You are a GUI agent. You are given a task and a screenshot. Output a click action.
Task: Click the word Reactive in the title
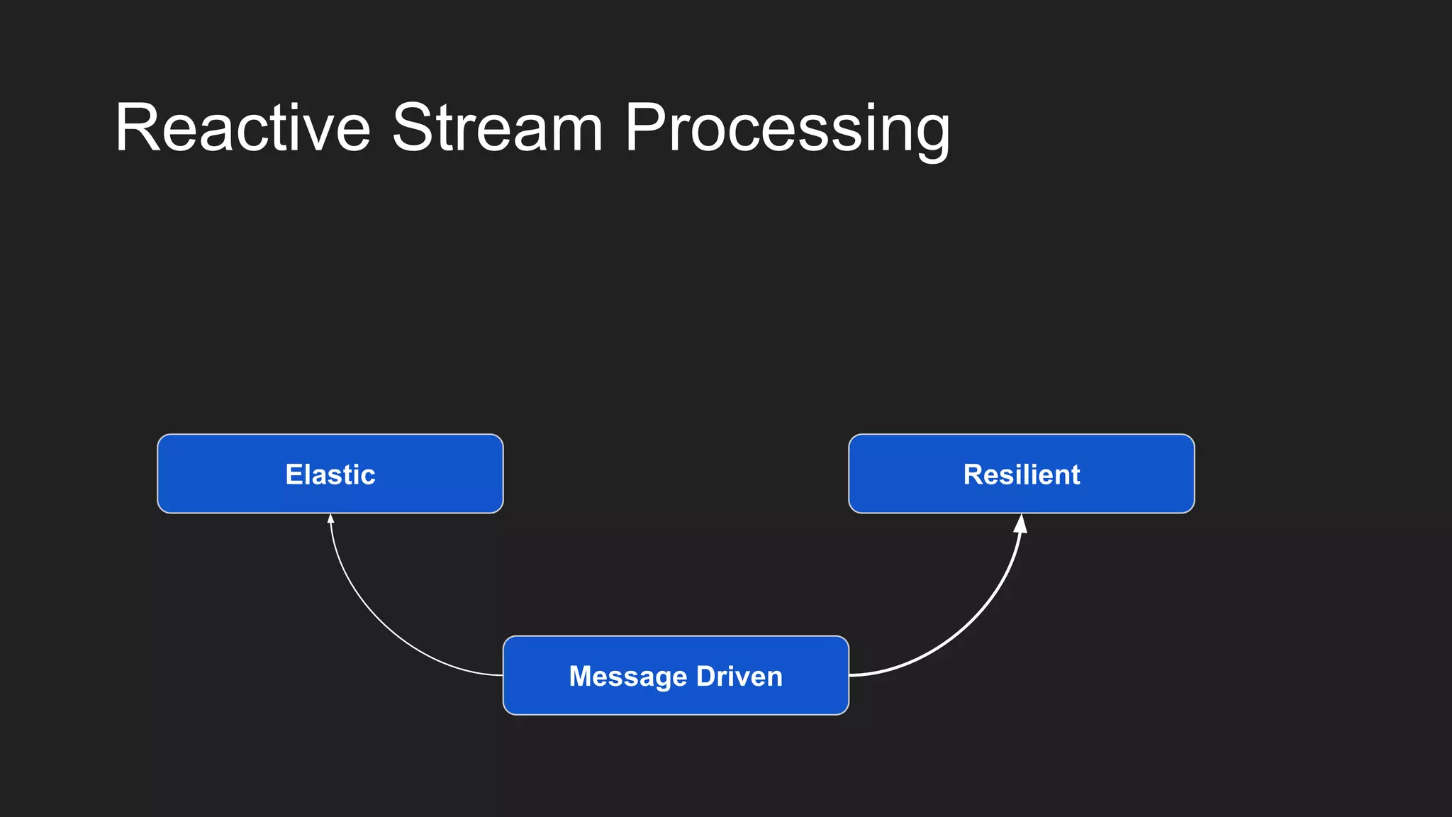tap(242, 128)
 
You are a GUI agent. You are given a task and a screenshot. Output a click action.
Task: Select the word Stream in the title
tap(497, 128)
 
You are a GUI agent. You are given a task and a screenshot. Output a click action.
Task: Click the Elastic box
tap(330, 474)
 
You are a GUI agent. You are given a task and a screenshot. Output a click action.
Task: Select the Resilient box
tap(1021, 474)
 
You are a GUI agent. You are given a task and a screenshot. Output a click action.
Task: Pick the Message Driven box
tap(676, 675)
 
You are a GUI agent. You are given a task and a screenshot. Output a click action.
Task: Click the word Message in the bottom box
tap(628, 677)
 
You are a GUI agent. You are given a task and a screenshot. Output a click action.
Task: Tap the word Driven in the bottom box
tap(739, 676)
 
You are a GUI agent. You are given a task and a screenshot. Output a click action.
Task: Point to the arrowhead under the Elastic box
tap(330, 519)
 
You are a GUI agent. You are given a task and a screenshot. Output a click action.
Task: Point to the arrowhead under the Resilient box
tap(1020, 524)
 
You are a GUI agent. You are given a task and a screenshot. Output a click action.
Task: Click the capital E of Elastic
tap(293, 474)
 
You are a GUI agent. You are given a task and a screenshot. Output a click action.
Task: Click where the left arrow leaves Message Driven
tap(502, 674)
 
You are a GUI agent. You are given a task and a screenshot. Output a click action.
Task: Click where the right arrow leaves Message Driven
tap(850, 674)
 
